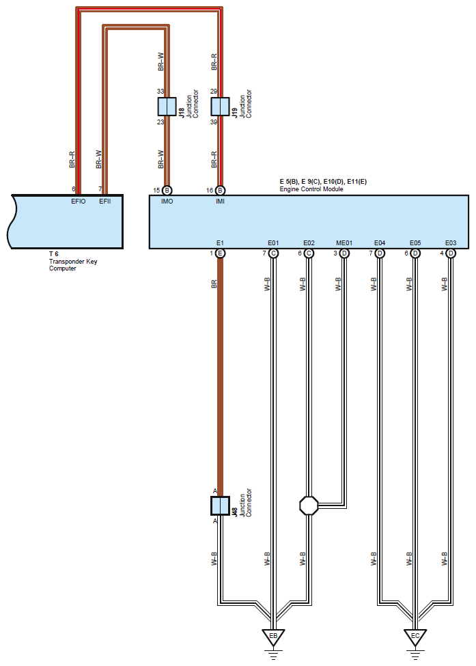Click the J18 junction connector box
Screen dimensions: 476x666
(x=167, y=106)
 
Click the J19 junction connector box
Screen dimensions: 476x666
(x=220, y=106)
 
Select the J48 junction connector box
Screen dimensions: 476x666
(x=220, y=506)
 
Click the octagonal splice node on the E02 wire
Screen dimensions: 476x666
(x=309, y=506)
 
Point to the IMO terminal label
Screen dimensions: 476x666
(x=167, y=202)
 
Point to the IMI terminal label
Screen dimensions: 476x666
(x=220, y=202)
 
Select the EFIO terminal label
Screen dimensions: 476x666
(x=78, y=202)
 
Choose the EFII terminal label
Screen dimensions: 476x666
(x=105, y=202)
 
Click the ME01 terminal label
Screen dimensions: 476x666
(x=344, y=243)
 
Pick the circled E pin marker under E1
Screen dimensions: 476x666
(x=220, y=253)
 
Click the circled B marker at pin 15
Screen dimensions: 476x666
(x=167, y=191)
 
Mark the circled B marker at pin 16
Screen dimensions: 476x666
(x=220, y=191)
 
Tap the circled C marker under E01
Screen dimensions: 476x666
(x=273, y=253)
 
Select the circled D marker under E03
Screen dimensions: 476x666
(x=451, y=253)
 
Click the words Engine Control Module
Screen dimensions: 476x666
(x=311, y=189)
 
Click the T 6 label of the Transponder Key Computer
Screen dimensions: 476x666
(x=53, y=254)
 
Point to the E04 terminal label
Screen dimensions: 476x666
(x=380, y=243)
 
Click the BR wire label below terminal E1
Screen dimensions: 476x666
(x=214, y=283)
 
